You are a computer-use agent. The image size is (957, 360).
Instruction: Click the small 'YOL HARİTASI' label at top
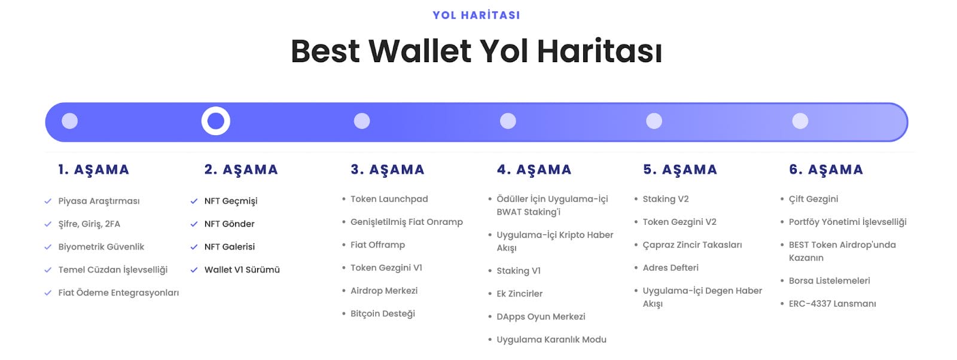tap(476, 15)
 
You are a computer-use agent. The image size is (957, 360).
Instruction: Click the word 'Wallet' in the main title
tap(420, 51)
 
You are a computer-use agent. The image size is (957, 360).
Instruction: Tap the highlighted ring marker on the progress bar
tap(216, 121)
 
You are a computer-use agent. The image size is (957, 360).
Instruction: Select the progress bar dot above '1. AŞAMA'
tap(69, 121)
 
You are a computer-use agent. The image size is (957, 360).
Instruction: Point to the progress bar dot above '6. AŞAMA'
tap(800, 121)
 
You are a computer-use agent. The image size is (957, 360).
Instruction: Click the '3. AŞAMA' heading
tap(387, 170)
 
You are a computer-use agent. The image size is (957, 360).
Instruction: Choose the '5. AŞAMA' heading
tap(679, 170)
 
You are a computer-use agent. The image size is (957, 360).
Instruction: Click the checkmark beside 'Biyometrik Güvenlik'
tap(48, 247)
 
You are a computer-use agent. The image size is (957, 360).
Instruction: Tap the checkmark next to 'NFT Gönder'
tap(194, 224)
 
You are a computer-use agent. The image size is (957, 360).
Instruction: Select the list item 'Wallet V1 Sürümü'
tap(242, 270)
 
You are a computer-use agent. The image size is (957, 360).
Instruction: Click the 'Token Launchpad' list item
tap(389, 199)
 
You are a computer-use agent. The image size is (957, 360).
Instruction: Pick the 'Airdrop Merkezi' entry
tap(383, 291)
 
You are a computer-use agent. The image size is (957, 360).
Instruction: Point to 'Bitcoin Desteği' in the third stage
tap(382, 313)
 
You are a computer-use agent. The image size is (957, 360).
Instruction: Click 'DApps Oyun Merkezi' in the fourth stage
tap(541, 316)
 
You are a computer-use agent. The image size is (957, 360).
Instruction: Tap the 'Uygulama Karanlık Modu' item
tap(551, 340)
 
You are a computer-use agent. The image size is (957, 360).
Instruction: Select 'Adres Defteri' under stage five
tap(670, 268)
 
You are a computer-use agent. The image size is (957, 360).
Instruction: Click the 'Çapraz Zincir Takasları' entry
tap(691, 245)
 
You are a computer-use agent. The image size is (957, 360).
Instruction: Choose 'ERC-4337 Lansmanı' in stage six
tap(832, 304)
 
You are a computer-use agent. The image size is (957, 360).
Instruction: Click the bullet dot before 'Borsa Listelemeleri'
tap(782, 280)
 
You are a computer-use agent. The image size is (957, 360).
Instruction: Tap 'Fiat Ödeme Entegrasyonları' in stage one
tap(118, 293)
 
